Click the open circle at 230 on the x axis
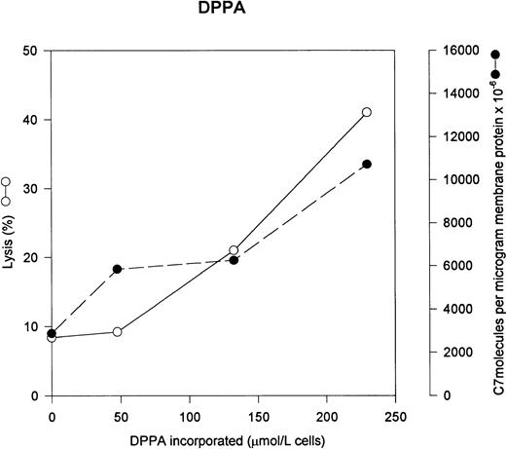[366, 112]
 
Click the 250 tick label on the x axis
[395, 414]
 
